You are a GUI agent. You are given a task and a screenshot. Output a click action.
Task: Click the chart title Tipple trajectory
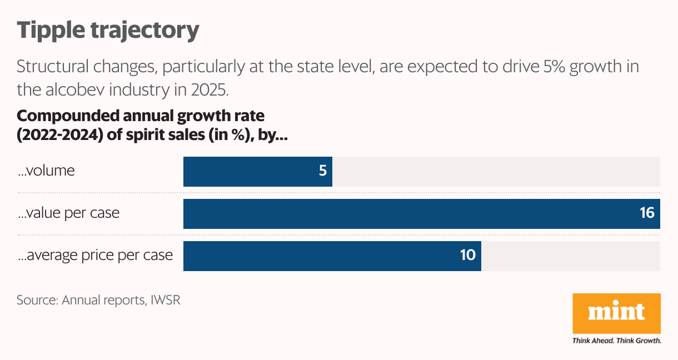[108, 30]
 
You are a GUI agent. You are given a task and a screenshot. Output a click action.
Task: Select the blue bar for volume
[258, 171]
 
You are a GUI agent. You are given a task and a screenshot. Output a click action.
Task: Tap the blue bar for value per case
[421, 214]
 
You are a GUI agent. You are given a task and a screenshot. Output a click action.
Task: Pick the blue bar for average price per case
[332, 256]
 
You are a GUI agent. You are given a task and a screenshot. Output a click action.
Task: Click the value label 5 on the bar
[322, 171]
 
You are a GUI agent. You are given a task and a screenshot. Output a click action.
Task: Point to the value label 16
[647, 214]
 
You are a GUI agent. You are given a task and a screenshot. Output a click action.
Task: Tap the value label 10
[468, 256]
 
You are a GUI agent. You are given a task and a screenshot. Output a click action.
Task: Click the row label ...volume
[46, 171]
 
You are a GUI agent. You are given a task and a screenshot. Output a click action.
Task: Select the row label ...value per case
[68, 213]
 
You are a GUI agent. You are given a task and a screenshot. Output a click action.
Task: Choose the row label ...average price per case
[94, 256]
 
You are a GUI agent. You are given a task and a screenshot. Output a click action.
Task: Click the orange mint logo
[616, 313]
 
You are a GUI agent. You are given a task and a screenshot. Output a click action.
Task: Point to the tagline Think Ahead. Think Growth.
[616, 341]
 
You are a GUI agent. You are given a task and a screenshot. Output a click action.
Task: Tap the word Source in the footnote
[37, 300]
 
